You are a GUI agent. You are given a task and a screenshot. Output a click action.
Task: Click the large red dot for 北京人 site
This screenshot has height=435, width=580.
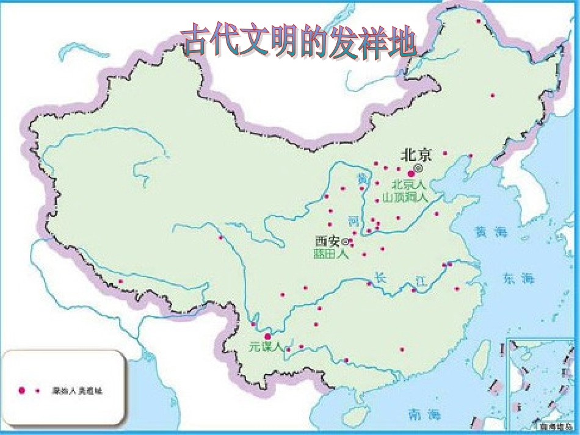point(411,174)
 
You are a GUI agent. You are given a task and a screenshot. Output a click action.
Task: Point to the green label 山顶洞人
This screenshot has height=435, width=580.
point(405,196)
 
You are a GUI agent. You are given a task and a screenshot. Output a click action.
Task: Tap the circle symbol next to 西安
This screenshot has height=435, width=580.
point(347,241)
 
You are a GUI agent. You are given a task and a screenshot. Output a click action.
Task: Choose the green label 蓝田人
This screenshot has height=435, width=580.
point(331,254)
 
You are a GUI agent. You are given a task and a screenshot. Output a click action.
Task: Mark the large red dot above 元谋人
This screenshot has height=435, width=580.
point(267,336)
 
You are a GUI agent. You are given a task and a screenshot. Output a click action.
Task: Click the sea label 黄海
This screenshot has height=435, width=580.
point(491,232)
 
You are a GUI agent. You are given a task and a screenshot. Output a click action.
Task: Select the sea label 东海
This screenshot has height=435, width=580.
point(518,278)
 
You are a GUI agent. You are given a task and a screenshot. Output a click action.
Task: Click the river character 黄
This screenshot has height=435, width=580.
point(363,179)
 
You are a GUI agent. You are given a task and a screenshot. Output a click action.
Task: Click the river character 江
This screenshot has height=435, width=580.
point(421,280)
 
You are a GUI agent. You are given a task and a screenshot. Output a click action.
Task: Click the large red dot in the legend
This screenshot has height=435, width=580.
point(21,390)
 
